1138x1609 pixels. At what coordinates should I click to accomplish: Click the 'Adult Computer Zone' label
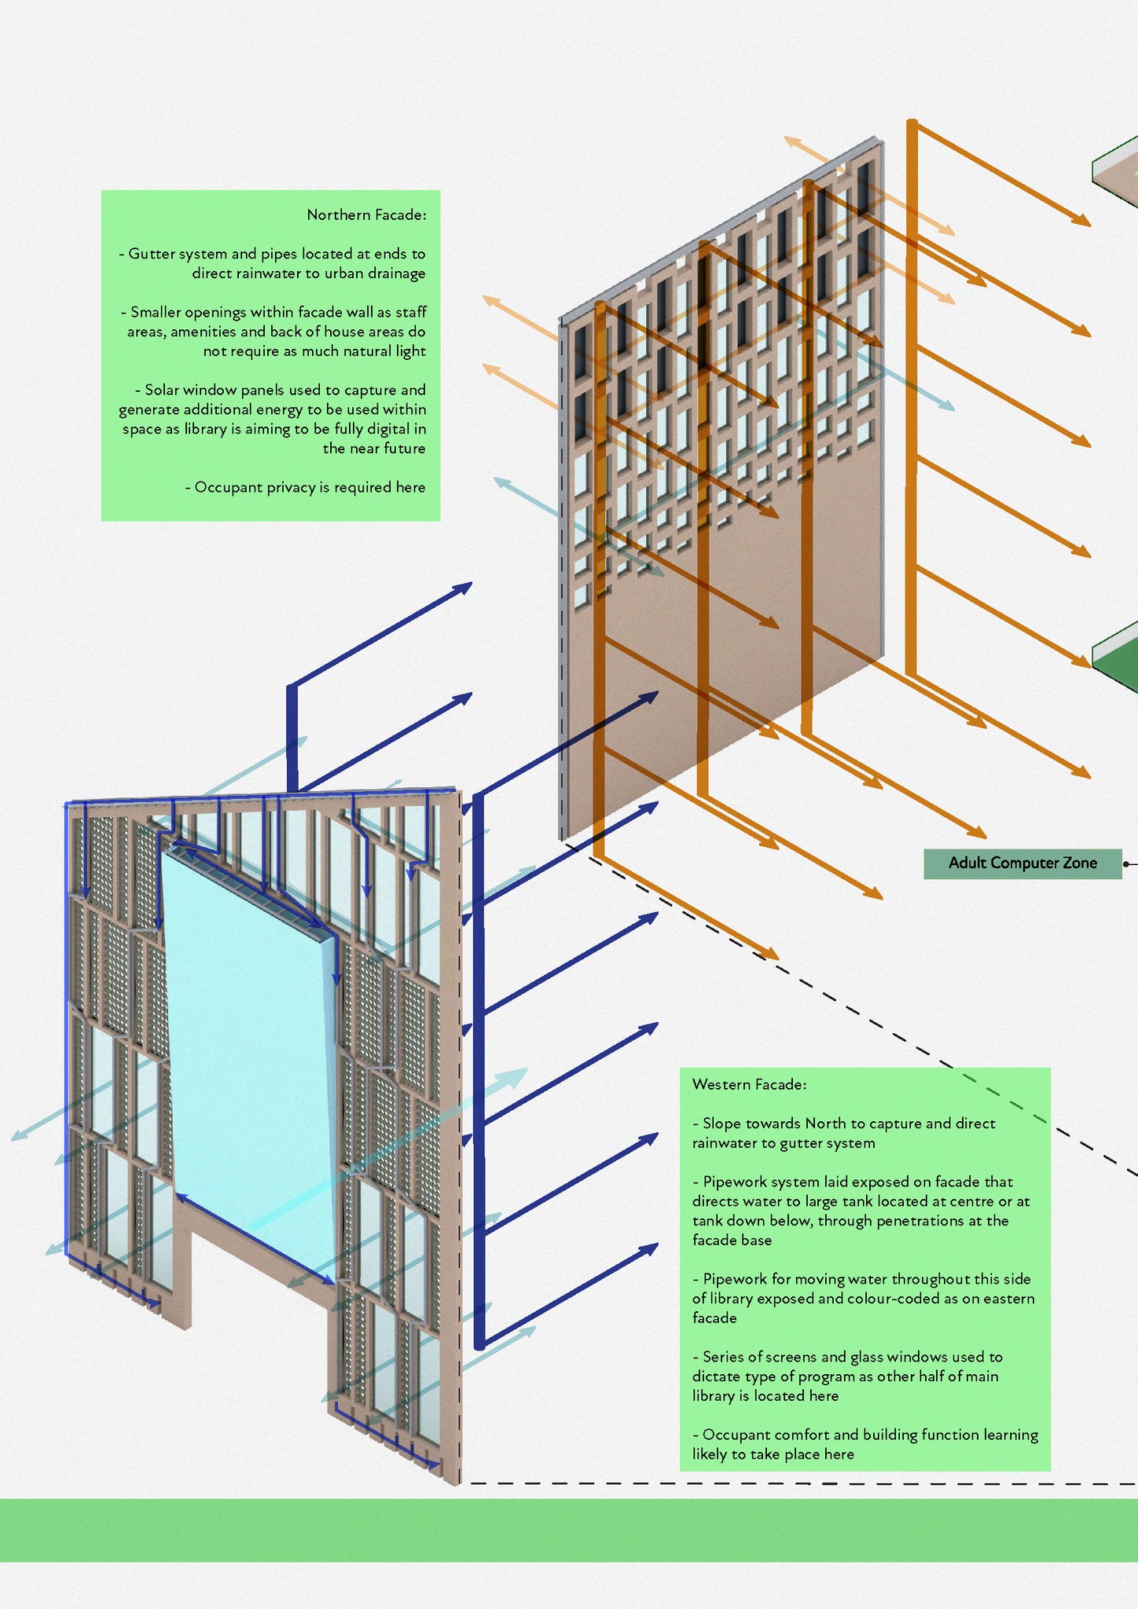click(1022, 863)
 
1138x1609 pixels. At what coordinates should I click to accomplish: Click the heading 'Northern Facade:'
click(366, 215)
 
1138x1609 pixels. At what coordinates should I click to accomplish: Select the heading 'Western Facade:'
click(749, 1085)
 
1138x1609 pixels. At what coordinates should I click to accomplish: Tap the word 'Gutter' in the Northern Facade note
click(152, 254)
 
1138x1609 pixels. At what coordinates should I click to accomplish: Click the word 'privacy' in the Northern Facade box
click(290, 488)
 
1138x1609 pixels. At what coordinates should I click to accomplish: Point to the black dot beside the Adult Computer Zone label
click(1126, 864)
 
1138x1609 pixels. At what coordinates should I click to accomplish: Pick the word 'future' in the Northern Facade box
click(405, 449)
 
